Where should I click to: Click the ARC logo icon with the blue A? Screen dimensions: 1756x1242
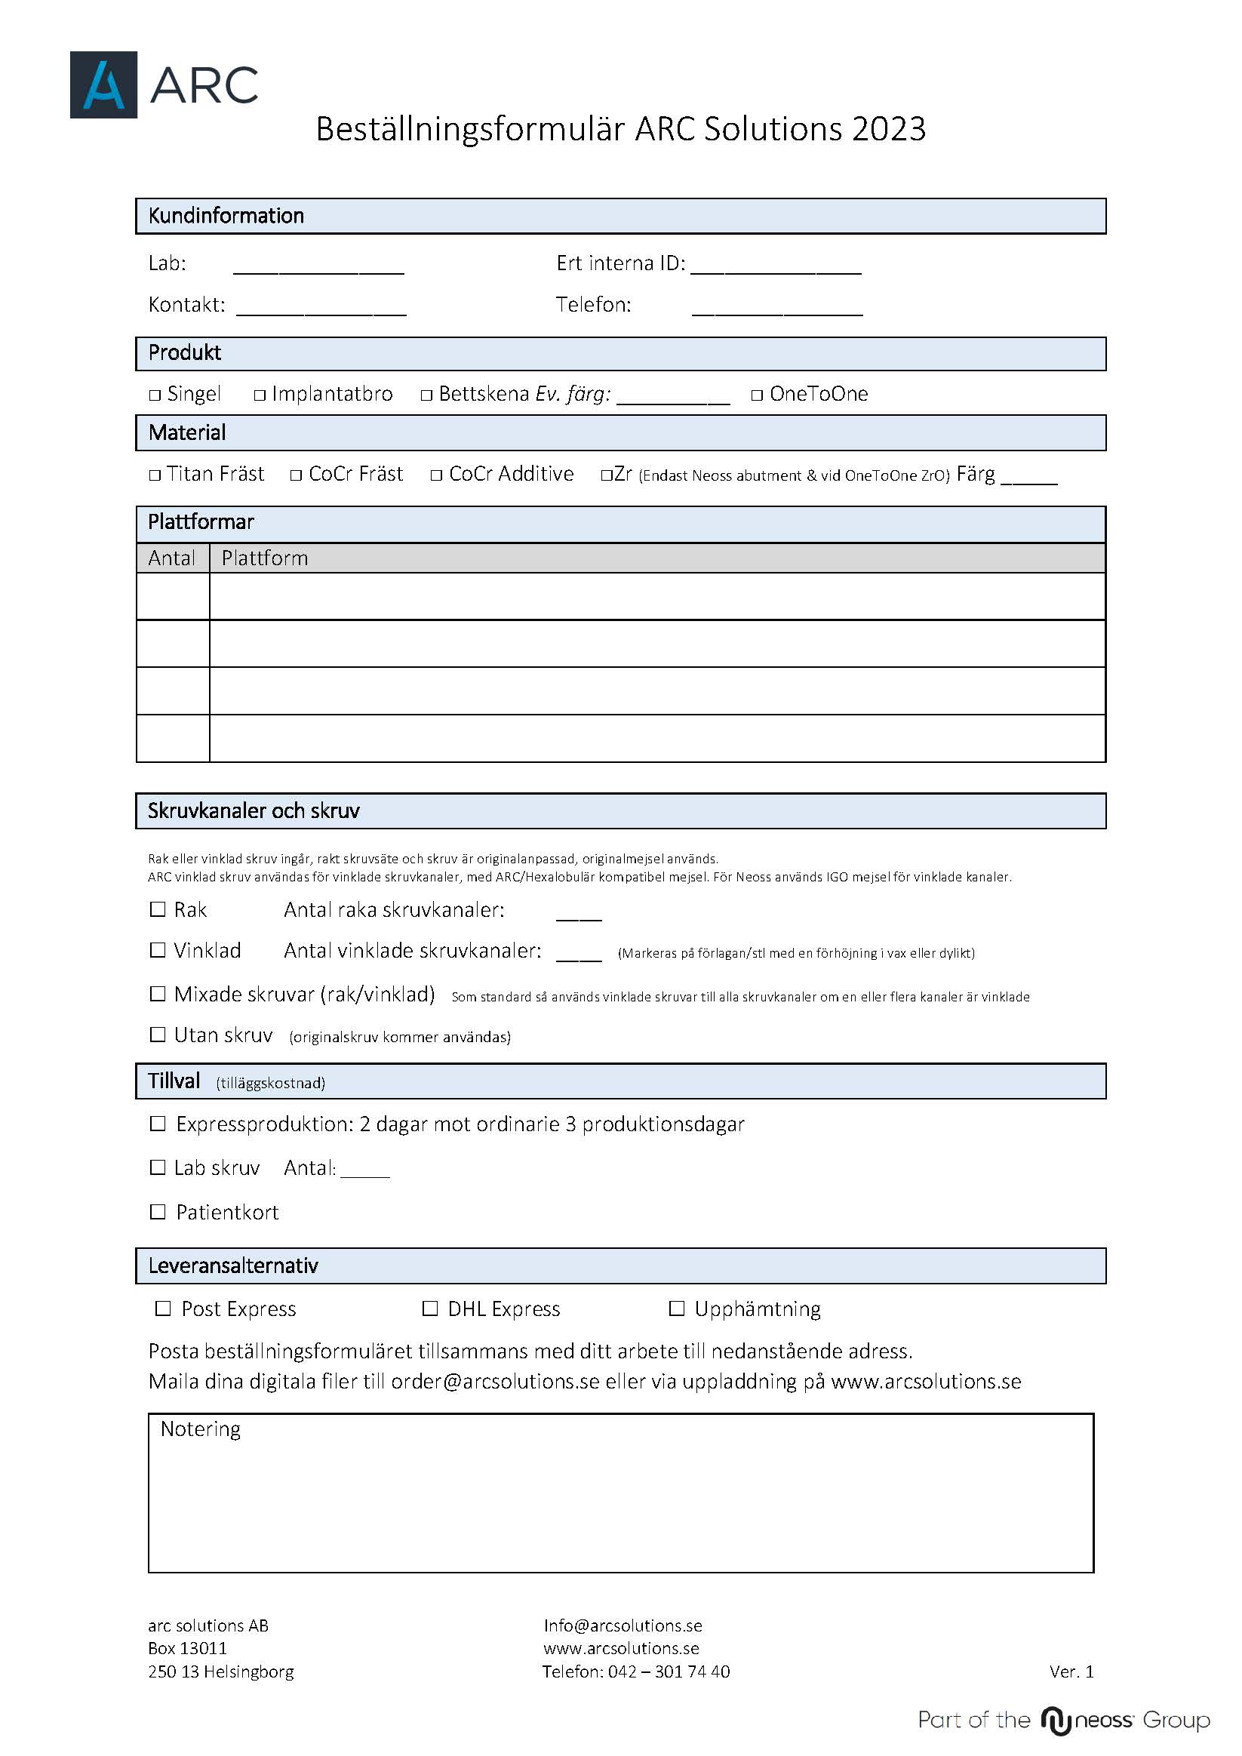coord(103,85)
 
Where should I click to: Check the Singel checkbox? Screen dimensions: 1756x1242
coord(155,395)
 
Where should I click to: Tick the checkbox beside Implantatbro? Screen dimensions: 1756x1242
coord(260,395)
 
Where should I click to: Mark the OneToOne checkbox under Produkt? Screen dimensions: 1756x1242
coord(757,395)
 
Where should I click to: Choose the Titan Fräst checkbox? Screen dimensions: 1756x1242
coord(155,475)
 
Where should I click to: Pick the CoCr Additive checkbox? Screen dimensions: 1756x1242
coord(437,475)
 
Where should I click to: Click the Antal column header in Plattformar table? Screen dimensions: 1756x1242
coord(172,558)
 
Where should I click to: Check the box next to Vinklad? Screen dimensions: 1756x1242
coord(158,950)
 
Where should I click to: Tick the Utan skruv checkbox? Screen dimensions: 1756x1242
coord(158,1035)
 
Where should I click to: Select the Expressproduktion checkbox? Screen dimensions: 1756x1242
coord(158,1124)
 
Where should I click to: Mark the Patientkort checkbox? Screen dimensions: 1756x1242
coord(158,1211)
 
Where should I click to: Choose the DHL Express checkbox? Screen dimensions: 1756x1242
coord(431,1309)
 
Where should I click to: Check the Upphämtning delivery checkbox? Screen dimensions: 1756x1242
coord(677,1309)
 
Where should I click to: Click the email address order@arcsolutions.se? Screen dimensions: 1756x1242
coord(495,1382)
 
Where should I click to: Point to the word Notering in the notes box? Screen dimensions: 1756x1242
coord(201,1429)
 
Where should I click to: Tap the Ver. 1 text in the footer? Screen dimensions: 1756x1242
coord(1071,1672)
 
